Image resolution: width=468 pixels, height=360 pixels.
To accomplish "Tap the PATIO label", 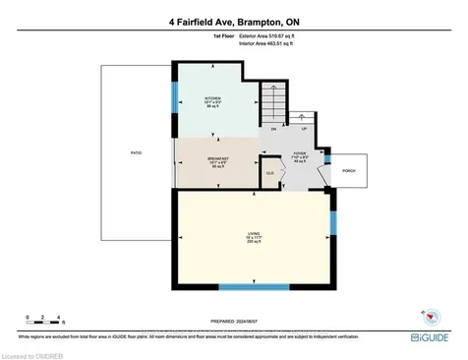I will coord(135,153).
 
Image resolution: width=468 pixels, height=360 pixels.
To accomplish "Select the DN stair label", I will coord(273,129).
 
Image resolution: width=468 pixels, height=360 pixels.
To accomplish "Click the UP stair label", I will coord(304,129).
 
